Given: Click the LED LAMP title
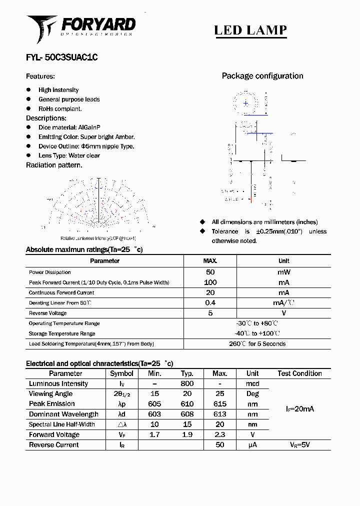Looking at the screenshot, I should pos(250,30).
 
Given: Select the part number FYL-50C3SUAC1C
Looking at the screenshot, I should pos(61,57).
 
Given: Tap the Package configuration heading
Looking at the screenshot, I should pos(262,76).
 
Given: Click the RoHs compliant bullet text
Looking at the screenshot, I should pos(60,108).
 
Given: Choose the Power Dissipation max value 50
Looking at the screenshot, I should pos(210,272).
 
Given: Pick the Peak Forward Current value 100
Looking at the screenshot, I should pos(210,282).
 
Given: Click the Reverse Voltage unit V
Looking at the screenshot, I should pos(283,313).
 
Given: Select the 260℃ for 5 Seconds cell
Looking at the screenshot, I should pos(257,343).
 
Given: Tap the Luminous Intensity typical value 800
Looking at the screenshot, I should pos(187,383).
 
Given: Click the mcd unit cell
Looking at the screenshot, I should pos(252,383).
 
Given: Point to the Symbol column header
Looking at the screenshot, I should pos(121,373).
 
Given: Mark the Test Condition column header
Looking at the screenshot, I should pos(299,373).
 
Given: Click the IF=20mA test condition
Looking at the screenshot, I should pos(299,409).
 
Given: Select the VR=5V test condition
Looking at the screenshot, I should pos(299,444).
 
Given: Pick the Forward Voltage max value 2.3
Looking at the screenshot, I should pos(219,434).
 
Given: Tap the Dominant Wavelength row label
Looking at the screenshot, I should pos(63,414).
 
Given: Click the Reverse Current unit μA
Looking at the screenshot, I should pos(252,444).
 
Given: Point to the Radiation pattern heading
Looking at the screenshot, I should pos(54,165).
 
